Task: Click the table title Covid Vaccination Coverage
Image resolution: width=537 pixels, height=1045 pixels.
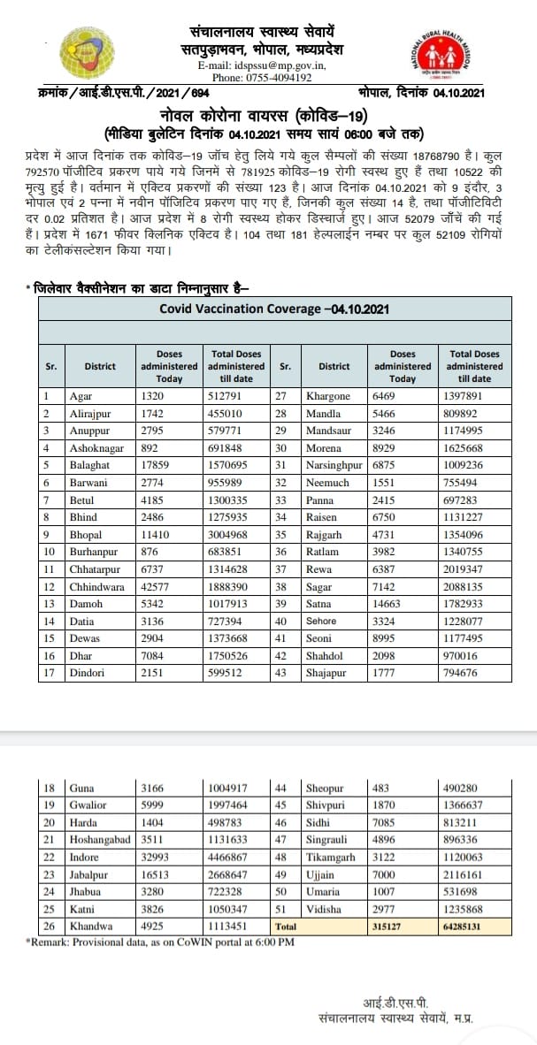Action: (274, 309)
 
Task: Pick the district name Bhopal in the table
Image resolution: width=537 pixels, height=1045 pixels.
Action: (86, 535)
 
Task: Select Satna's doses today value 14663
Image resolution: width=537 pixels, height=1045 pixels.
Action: (394, 604)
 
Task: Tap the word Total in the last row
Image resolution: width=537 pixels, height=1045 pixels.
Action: (286, 927)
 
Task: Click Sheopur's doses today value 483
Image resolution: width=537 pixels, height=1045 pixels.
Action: (386, 789)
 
